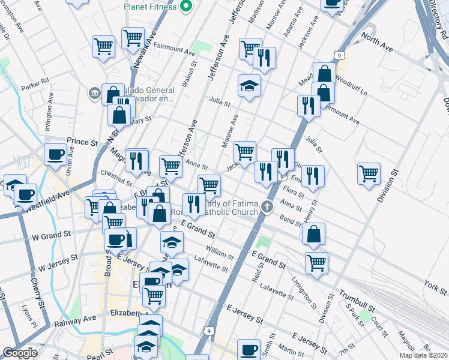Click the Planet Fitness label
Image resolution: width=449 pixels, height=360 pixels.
point(150,7)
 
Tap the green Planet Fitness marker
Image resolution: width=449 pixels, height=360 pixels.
point(185,7)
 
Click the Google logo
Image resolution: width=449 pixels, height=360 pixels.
point(20,353)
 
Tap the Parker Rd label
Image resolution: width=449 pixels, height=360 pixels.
point(35,85)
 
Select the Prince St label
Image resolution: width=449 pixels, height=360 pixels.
point(82,143)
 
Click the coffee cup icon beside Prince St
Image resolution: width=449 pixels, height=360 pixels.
point(56,154)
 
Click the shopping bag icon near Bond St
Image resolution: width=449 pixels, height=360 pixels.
point(314,235)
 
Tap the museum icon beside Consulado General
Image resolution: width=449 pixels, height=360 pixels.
point(94,93)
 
